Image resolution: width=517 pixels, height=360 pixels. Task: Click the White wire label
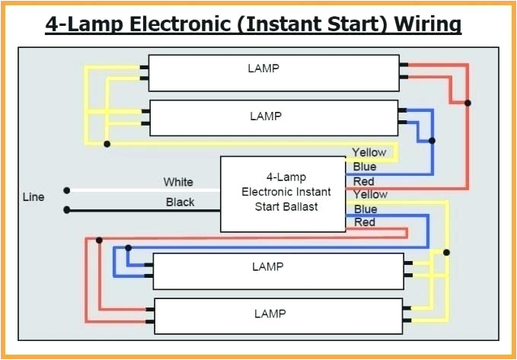(x=178, y=182)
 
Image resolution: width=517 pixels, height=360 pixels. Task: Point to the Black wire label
(x=180, y=202)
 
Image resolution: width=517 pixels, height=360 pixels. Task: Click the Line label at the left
(x=33, y=196)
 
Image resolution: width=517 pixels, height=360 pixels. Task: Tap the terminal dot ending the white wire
(x=67, y=190)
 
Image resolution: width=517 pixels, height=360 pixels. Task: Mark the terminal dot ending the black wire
(x=67, y=209)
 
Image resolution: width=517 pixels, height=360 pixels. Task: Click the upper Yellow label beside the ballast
(x=369, y=152)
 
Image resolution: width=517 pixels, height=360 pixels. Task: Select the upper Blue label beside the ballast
(x=365, y=167)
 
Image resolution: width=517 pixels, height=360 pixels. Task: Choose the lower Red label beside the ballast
(x=365, y=222)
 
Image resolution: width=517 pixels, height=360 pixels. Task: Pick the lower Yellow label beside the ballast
(x=370, y=195)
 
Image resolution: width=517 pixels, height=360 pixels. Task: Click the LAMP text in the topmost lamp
(x=263, y=68)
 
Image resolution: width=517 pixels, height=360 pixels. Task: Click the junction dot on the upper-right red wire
(x=468, y=102)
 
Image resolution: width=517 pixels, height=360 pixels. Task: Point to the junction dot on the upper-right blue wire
(x=432, y=141)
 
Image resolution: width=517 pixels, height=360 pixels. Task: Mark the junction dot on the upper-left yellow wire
(x=107, y=143)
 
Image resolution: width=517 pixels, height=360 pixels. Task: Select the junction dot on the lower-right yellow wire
(x=447, y=252)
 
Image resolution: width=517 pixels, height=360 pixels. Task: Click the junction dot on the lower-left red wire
(x=99, y=241)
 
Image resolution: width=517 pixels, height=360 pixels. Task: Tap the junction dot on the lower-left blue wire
(x=128, y=247)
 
